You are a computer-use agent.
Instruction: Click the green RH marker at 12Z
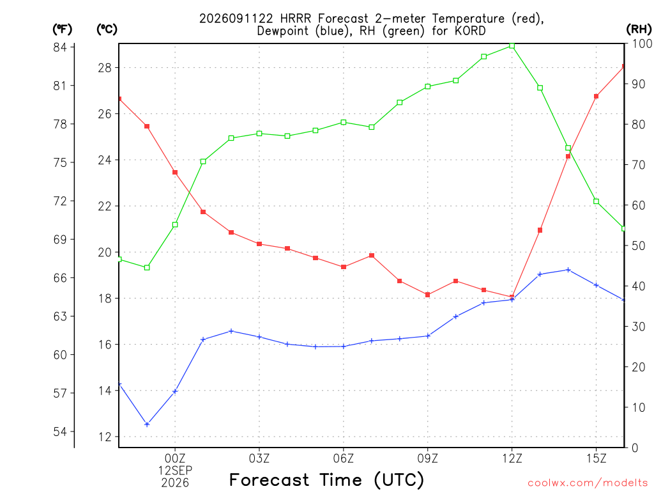pyautogui.click(x=512, y=46)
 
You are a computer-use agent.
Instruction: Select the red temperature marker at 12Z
pyautogui.click(x=512, y=297)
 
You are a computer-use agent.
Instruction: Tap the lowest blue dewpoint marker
pyautogui.click(x=147, y=425)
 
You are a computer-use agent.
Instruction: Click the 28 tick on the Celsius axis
pyautogui.click(x=105, y=68)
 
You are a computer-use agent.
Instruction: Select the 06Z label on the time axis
pyautogui.click(x=343, y=458)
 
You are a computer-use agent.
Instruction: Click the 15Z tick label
pyautogui.click(x=596, y=458)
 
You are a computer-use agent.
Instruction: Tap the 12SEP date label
pyautogui.click(x=175, y=471)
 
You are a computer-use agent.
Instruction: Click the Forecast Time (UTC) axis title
pyautogui.click(x=326, y=480)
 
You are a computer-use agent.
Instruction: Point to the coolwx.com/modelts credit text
pyautogui.click(x=588, y=483)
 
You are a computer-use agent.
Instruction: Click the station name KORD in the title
pyautogui.click(x=470, y=31)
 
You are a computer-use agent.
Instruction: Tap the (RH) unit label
pyautogui.click(x=639, y=29)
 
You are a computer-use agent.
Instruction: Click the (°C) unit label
pyautogui.click(x=107, y=29)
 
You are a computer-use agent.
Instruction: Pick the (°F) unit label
pyautogui.click(x=62, y=29)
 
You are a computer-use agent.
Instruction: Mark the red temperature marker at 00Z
pyautogui.click(x=175, y=173)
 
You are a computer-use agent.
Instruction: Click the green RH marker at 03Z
pyautogui.click(x=259, y=134)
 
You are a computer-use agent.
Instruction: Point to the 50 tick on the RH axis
pyautogui.click(x=639, y=246)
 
